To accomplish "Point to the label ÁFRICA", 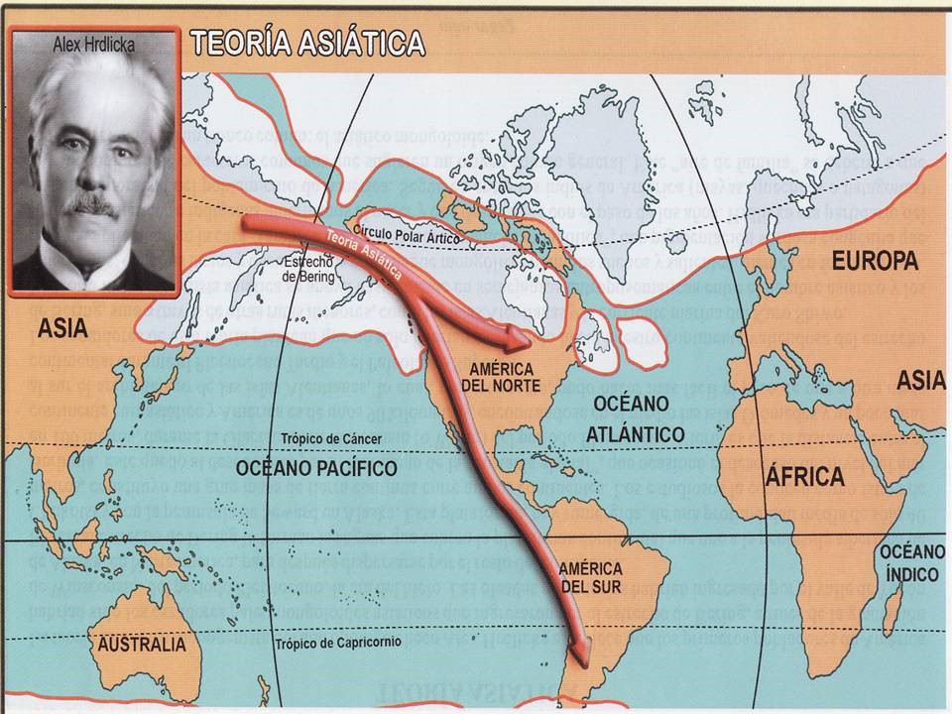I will (x=803, y=476).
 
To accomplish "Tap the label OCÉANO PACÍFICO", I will (x=316, y=467).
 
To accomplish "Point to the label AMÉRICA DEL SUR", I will (x=590, y=578).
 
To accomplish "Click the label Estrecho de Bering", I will (x=308, y=270).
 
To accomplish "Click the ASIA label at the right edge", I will (x=917, y=380).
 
